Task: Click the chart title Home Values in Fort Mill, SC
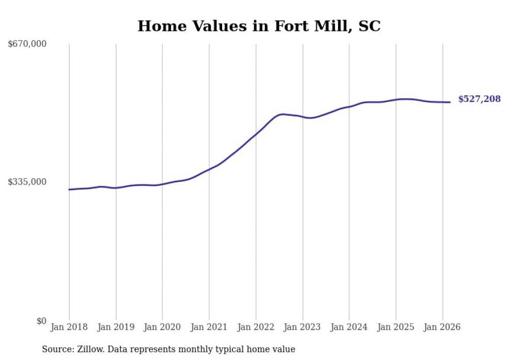coord(259,26)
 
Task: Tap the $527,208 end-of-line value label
coord(479,99)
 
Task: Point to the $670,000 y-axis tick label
coord(27,44)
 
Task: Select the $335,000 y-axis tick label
coord(27,182)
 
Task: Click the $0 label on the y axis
coord(41,321)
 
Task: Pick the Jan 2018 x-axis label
coord(69,327)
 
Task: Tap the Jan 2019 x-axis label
coord(116,327)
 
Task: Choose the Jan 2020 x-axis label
coord(162,327)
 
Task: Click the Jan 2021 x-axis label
coord(209,327)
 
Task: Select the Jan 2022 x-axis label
coord(256,327)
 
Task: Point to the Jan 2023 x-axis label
coord(302,327)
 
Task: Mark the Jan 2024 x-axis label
coord(349,327)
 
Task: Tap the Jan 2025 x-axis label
coord(396,327)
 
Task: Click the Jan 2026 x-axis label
coord(442,327)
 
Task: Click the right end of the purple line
coord(450,102)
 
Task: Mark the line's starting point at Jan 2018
coord(69,190)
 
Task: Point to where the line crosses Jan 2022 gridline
coord(256,134)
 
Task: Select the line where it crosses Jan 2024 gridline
coord(349,107)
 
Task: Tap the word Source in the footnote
coord(57,349)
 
